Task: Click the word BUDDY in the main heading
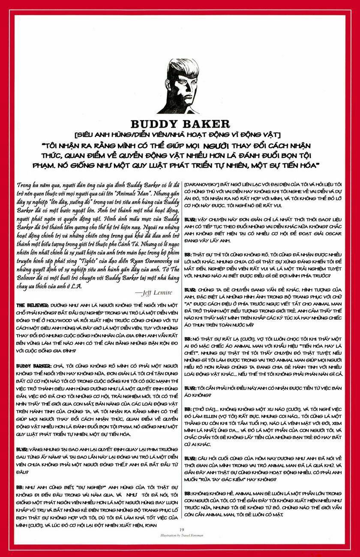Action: tap(154, 124)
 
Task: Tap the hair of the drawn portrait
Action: tap(178, 69)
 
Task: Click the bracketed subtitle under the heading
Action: tap(180, 136)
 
